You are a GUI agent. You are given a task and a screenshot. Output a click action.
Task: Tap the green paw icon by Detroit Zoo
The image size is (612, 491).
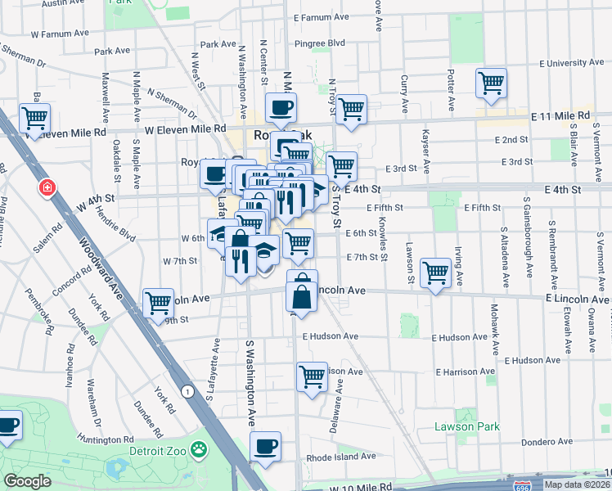(198, 449)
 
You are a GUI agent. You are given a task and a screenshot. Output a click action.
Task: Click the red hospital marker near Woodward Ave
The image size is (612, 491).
(48, 188)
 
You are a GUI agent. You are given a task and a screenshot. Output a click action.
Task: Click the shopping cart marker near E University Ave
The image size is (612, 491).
(491, 82)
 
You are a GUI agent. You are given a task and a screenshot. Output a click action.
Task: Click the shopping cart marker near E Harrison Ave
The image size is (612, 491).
(313, 377)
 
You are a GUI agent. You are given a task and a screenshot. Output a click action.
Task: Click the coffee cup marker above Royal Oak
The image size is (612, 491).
(281, 107)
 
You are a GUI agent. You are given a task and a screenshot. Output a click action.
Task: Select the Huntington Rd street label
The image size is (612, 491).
(102, 440)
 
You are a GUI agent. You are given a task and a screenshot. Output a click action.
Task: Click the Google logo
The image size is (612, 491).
(27, 481)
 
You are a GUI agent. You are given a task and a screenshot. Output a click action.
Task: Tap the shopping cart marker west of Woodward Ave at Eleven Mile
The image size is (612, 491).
(34, 118)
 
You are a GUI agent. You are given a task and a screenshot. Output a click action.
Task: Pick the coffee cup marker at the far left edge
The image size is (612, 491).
(7, 426)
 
